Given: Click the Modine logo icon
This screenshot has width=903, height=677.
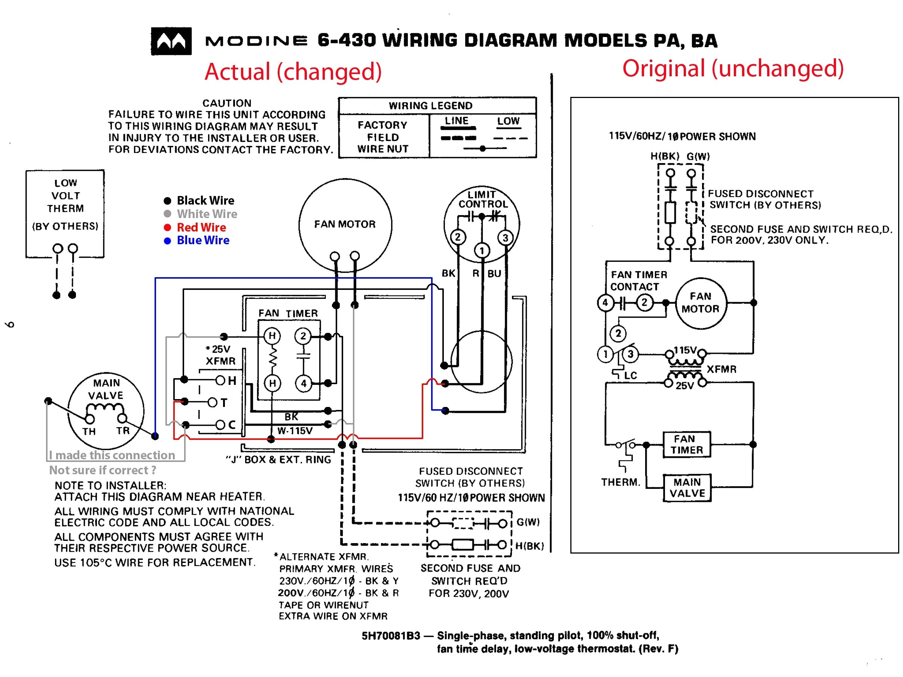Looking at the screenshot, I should tap(171, 41).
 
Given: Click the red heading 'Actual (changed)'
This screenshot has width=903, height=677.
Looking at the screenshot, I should tap(293, 71).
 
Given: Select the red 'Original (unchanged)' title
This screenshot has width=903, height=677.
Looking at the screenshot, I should tap(733, 68).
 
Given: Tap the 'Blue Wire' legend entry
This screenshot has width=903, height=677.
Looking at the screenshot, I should tap(202, 241).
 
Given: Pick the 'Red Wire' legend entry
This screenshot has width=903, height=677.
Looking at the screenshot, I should tap(201, 227).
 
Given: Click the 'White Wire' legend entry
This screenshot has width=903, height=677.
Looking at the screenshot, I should tap(207, 214).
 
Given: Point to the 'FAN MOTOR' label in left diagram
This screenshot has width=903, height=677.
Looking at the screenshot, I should tap(345, 224).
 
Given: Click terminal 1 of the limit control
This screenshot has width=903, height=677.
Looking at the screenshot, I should tap(482, 251).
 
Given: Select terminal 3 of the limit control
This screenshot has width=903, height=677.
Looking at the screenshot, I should tap(505, 238).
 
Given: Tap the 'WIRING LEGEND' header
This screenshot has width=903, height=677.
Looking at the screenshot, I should tap(430, 106).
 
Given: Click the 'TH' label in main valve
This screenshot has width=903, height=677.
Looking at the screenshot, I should tap(89, 431).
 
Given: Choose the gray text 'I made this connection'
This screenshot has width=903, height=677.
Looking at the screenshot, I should tap(112, 455).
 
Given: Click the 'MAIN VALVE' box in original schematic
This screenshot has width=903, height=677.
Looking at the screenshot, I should tap(687, 488).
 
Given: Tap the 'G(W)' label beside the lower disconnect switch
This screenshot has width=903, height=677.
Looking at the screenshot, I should tap(528, 522).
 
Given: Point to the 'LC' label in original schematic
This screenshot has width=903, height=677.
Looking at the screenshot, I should tap(630, 376).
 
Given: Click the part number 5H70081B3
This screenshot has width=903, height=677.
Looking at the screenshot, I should tap(390, 636).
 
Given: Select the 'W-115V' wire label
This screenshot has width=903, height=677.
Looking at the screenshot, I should tap(295, 431).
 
